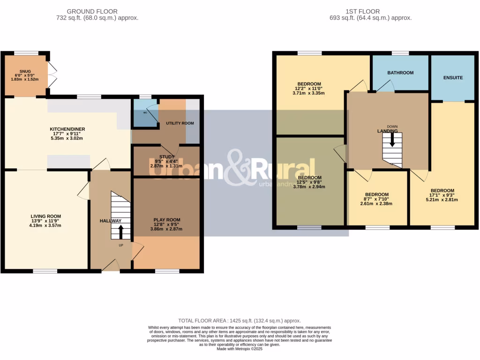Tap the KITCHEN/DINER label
tap(67, 129)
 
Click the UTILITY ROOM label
tap(180, 123)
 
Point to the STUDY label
tap(166, 157)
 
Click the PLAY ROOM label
tap(167, 219)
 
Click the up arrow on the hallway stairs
tap(121, 232)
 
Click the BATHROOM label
tap(400, 73)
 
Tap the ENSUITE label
tap(453, 77)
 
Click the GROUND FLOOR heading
tap(92, 11)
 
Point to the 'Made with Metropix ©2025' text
tap(240, 348)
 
